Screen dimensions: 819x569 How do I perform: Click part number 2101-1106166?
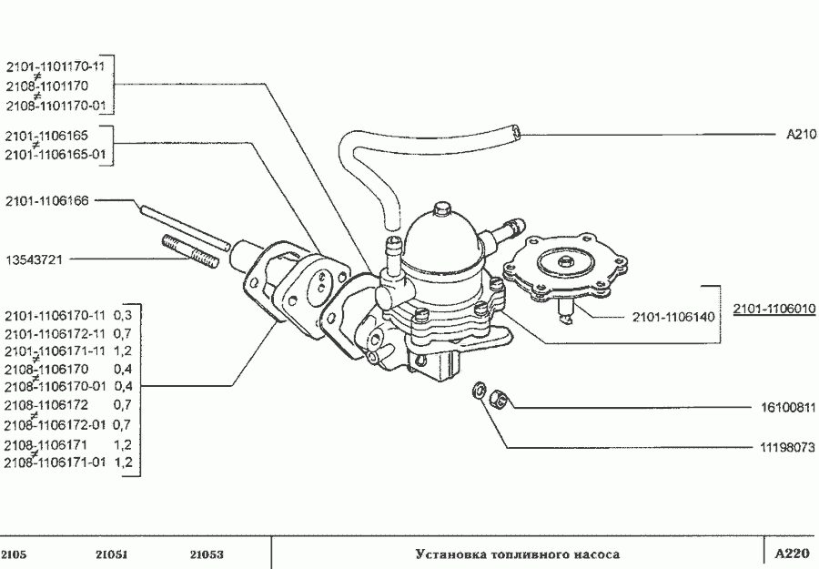pyautogui.click(x=47, y=200)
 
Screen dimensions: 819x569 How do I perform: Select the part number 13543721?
pyautogui.click(x=34, y=259)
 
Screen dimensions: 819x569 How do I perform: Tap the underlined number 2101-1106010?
pyautogui.click(x=774, y=309)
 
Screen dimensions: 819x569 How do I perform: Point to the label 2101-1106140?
pyautogui.click(x=673, y=317)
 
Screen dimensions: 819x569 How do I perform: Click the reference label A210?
pyautogui.click(x=801, y=134)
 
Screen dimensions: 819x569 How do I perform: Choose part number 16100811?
pyautogui.click(x=788, y=407)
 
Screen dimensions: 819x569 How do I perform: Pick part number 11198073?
pyautogui.click(x=788, y=447)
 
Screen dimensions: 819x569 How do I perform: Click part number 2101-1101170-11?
pyautogui.click(x=56, y=66)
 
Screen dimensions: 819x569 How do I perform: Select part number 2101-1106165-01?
pyautogui.click(x=56, y=155)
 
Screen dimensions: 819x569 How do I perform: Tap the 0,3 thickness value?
pyautogui.click(x=123, y=316)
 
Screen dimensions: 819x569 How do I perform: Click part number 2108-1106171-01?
pyautogui.click(x=55, y=462)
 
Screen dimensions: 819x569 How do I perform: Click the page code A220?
pyautogui.click(x=792, y=554)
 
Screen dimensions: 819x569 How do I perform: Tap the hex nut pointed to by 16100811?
pyautogui.click(x=499, y=401)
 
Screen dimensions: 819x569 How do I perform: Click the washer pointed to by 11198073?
pyautogui.click(x=479, y=391)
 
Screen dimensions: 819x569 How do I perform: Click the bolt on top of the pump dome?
pyautogui.click(x=442, y=208)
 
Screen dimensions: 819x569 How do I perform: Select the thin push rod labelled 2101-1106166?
pyautogui.click(x=185, y=228)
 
